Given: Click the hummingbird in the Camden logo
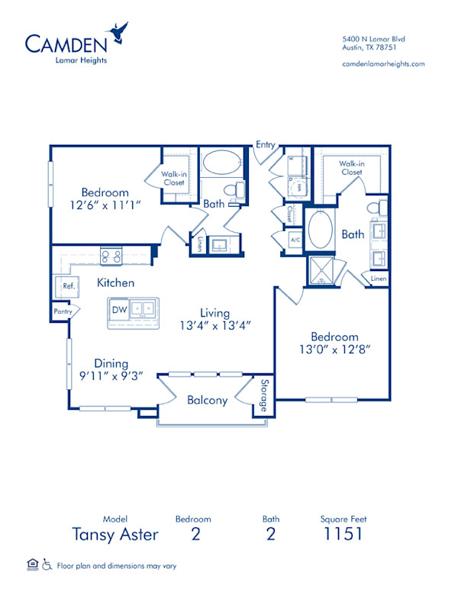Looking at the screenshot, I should [x=118, y=33].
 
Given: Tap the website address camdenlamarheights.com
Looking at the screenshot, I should [x=383, y=64].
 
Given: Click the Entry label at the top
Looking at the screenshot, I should [x=266, y=144].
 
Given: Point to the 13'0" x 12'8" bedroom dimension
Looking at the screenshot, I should [x=334, y=350].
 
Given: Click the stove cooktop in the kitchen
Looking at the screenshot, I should [x=111, y=256].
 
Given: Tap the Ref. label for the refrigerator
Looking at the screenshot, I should [x=68, y=287].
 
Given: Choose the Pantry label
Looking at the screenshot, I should [x=62, y=311].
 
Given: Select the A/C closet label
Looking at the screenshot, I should [x=295, y=240].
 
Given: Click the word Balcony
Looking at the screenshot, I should [x=208, y=400].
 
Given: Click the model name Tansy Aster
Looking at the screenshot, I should [x=115, y=533].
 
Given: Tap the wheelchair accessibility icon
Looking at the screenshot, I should [x=47, y=566].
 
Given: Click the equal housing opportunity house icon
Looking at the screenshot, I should [x=32, y=565].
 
